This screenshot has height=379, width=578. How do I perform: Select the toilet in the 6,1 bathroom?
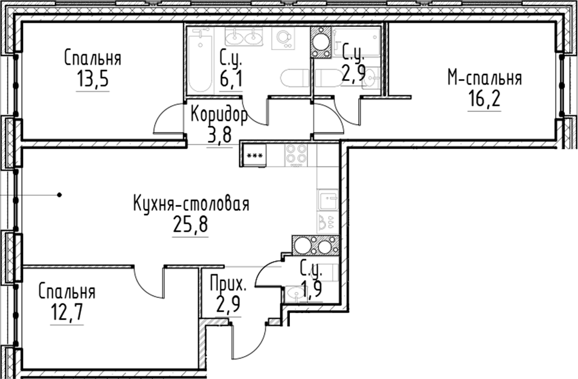pyautogui.click(x=296, y=79)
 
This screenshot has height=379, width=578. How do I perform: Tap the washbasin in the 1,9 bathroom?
pyautogui.click(x=295, y=294)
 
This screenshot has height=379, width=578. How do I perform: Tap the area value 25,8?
pyautogui.click(x=190, y=226)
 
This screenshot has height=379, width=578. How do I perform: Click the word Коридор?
pyautogui.click(x=219, y=115)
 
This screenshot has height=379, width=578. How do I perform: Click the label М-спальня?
pyautogui.click(x=484, y=78)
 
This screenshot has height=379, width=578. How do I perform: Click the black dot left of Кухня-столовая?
pyautogui.click(x=60, y=195)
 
